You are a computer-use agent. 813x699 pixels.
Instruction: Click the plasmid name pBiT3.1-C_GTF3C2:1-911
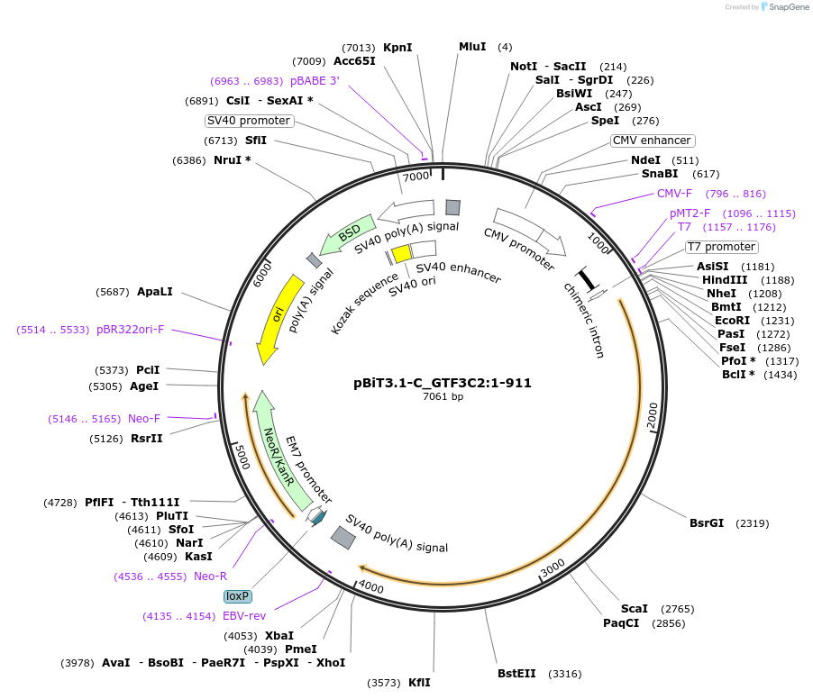(443, 382)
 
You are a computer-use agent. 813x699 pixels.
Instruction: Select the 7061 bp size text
(443, 396)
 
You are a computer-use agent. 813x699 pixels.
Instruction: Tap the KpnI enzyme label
(397, 47)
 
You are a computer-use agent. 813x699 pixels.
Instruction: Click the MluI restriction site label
(472, 47)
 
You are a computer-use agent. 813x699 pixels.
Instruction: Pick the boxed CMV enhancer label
(652, 141)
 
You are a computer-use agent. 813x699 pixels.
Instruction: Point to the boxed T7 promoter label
(722, 247)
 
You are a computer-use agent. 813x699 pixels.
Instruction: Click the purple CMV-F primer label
(674, 194)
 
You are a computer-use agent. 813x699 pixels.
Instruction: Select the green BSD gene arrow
(348, 235)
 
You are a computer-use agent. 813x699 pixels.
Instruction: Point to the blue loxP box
(238, 596)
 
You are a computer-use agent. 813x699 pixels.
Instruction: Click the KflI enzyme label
(419, 683)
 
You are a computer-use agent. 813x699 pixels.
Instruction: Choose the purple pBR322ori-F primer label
(131, 330)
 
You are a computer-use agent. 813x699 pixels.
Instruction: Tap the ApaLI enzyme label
(155, 292)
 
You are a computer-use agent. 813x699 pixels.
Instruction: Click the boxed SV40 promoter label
(249, 121)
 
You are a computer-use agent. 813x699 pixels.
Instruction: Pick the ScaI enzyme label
(635, 609)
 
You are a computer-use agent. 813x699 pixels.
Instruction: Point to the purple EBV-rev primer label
(244, 616)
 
